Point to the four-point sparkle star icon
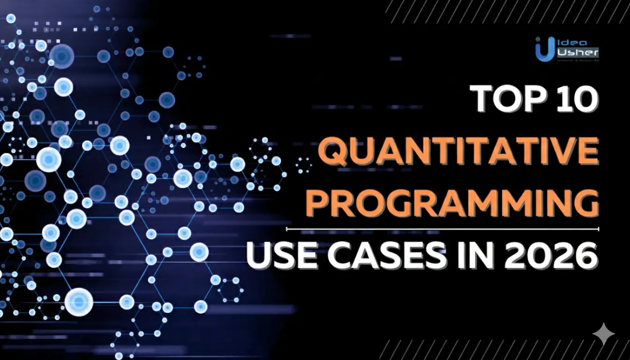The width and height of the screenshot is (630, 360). click(x=603, y=334)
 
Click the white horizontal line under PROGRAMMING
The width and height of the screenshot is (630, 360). click(x=442, y=229)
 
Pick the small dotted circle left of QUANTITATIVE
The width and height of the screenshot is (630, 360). click(x=304, y=165)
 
